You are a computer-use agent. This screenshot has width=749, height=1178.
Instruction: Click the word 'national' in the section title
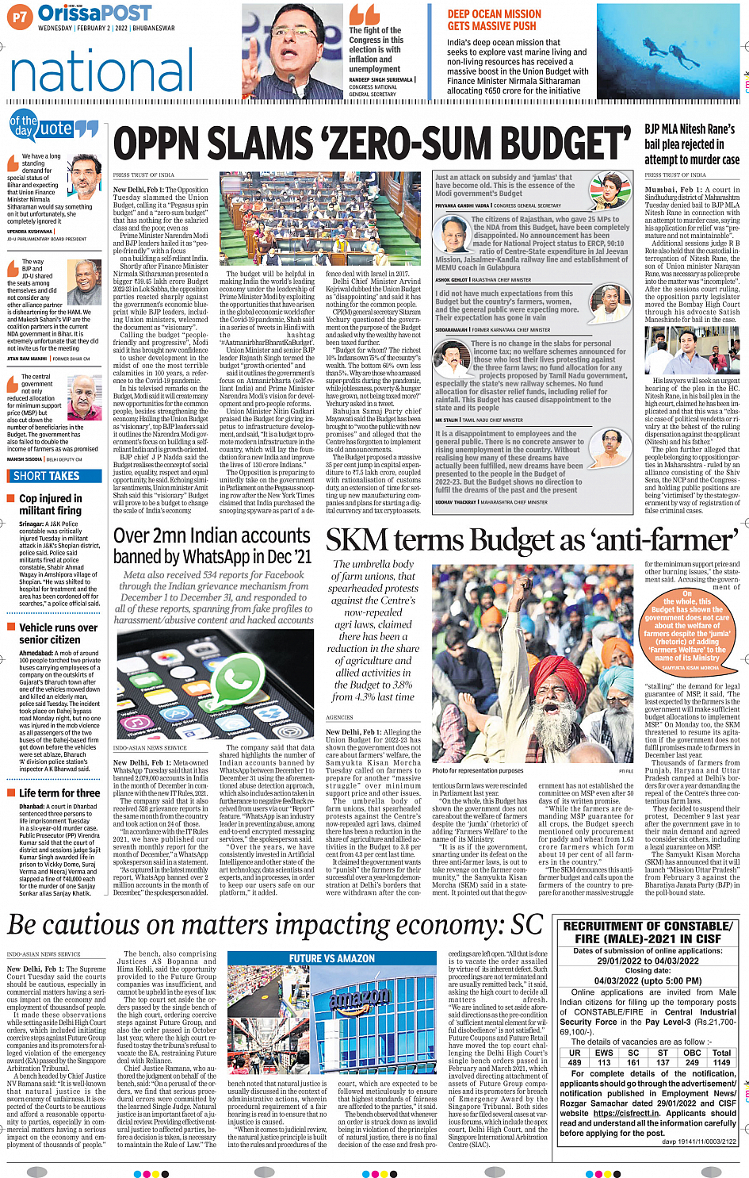coord(101,71)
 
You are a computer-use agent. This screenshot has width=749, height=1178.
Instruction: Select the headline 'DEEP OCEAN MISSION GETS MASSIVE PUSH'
coord(494,20)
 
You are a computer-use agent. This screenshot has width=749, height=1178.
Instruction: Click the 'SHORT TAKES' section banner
coord(47,476)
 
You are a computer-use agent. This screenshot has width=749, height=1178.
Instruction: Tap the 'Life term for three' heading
coord(59,792)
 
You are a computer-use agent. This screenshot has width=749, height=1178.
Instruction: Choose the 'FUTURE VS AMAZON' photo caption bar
coord(332,958)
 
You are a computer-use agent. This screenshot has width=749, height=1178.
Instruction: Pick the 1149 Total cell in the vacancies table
coord(721,1062)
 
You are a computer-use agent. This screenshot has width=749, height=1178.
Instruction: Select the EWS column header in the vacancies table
coord(604,1053)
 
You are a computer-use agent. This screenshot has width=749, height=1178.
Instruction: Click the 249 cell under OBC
coord(692,1062)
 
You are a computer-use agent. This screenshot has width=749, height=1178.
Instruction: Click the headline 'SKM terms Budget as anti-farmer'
coord(531,540)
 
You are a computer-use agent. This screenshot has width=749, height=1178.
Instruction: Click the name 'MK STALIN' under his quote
coord(447,420)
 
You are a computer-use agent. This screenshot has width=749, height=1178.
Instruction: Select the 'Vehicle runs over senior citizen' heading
coord(58,633)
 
